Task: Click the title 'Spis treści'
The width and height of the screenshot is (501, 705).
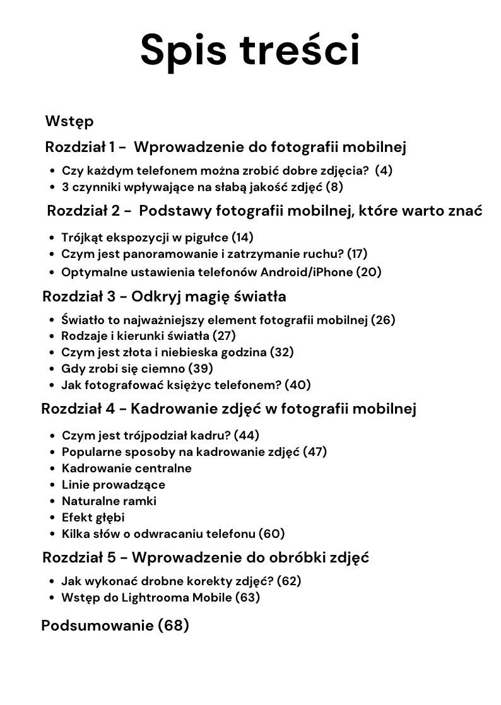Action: [250, 50]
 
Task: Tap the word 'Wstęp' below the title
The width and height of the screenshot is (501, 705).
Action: [69, 120]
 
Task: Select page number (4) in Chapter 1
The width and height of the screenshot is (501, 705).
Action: [383, 170]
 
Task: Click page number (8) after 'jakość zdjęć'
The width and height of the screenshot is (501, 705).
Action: [334, 187]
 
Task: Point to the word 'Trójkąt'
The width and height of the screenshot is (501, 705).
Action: [84, 238]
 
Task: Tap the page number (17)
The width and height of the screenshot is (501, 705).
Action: [357, 253]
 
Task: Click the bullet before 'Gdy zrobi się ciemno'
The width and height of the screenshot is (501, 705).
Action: [52, 369]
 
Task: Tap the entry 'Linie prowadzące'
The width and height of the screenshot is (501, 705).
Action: [114, 485]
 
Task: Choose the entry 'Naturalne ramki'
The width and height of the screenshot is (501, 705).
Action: [109, 501]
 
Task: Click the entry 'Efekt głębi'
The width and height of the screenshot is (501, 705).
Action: [93, 518]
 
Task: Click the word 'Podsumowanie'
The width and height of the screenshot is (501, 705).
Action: [97, 626]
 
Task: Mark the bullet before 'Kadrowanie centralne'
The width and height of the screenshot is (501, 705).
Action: [52, 469]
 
